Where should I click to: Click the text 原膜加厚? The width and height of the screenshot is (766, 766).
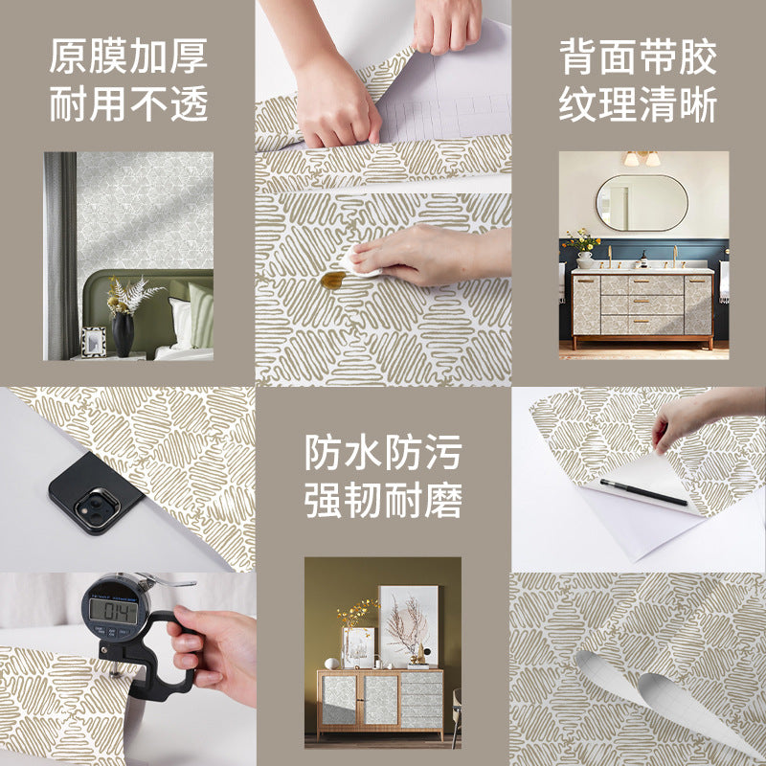click(128, 57)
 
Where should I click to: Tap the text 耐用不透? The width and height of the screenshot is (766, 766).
click(128, 104)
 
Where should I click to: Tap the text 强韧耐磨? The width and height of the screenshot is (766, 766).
click(383, 500)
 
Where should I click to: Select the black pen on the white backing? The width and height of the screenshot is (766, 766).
click(643, 492)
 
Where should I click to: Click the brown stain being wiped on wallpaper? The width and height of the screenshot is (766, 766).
click(332, 280)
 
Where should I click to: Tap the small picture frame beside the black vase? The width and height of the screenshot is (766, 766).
click(94, 341)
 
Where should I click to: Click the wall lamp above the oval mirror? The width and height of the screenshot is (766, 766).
click(641, 158)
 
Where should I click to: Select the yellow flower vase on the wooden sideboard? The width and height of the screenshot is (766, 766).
click(356, 632)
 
